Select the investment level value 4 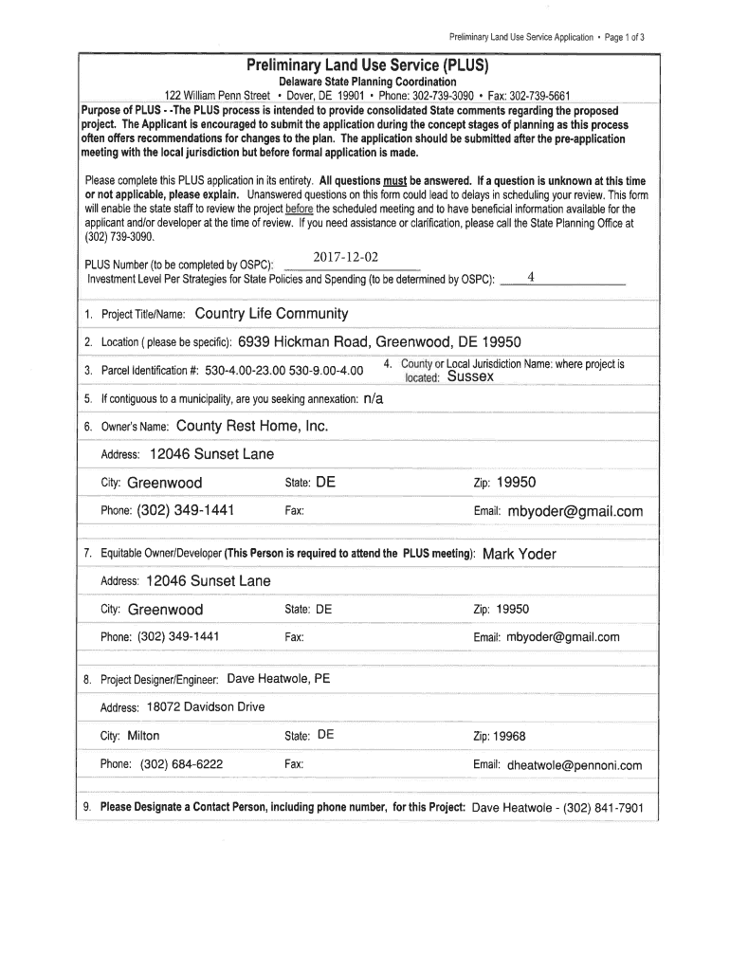pos(531,277)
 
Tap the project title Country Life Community pos(271,314)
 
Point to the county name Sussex pos(470,376)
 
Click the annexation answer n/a pos(374,399)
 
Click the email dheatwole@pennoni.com pos(575,765)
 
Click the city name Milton pos(143,736)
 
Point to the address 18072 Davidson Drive pos(206,707)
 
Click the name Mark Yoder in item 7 pos(520,554)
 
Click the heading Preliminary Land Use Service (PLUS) pos(367,66)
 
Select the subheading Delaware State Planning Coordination pos(367,82)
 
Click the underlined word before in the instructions pos(300,209)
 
